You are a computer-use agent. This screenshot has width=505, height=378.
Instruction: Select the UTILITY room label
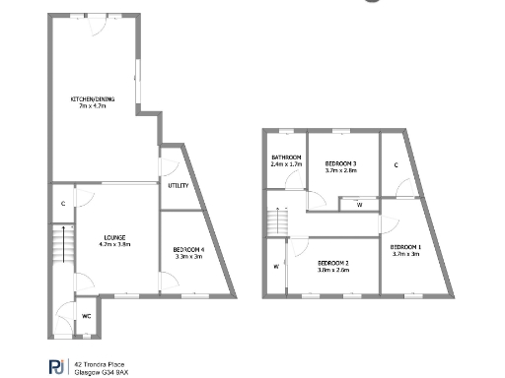[178, 185]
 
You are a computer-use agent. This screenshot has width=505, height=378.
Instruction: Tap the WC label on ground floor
[86, 316]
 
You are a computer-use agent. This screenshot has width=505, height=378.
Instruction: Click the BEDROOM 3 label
[340, 162]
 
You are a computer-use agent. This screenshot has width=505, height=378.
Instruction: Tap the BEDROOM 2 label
[332, 263]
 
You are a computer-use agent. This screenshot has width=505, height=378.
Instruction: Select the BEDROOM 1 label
[405, 246]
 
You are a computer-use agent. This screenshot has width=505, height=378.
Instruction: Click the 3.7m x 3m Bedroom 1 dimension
[405, 253]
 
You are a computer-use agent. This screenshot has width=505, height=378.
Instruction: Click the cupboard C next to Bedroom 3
[396, 163]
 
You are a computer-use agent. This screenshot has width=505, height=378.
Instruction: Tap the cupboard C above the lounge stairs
[61, 203]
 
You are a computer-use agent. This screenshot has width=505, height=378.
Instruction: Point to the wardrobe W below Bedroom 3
[359, 205]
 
